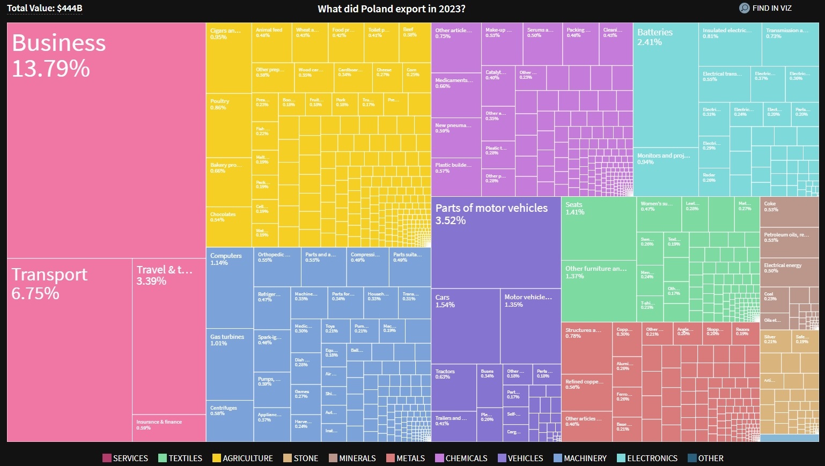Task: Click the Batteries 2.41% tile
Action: click(x=665, y=86)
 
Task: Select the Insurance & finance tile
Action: click(x=169, y=428)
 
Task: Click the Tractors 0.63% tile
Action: click(x=454, y=388)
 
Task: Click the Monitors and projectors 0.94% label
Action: click(x=664, y=159)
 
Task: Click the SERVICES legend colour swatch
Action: click(x=107, y=458)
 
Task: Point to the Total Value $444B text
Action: click(x=45, y=9)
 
